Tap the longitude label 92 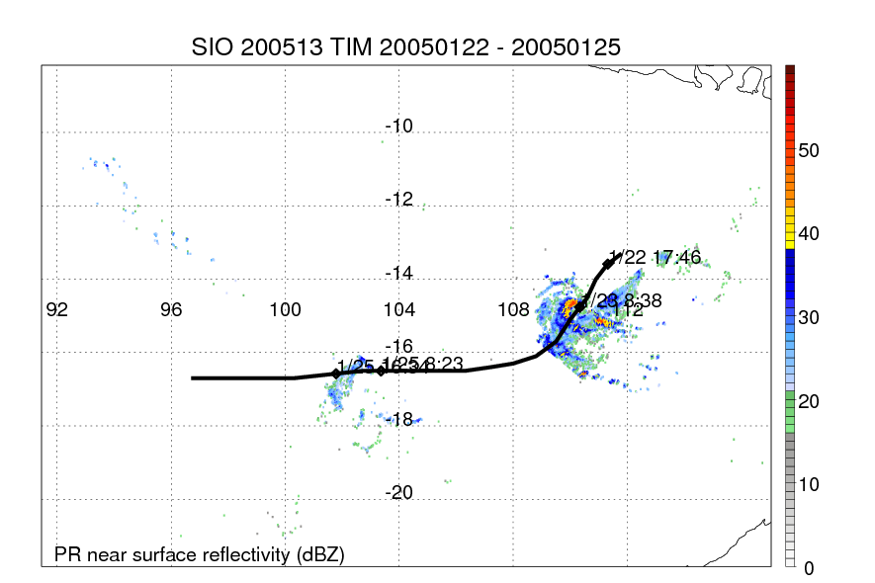coord(57,310)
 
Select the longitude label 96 coord(171,310)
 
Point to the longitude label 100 coord(285,310)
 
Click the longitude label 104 coord(399,310)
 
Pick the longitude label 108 coord(513,310)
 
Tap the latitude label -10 coord(398,126)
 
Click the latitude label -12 coord(398,200)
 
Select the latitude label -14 coord(398,273)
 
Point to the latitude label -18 coord(398,420)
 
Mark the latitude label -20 coord(398,493)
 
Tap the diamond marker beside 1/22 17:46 coord(608,263)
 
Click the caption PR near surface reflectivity coord(199,554)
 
